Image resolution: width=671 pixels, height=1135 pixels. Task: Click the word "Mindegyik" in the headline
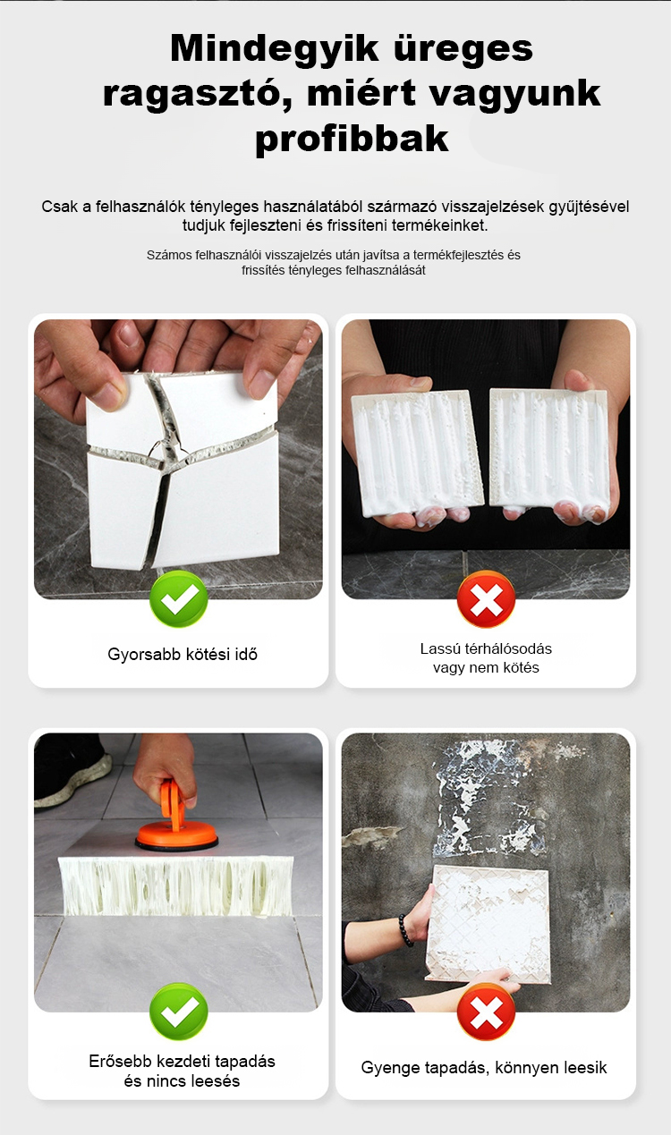click(274, 48)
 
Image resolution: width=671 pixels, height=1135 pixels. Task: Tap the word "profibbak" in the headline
click(352, 139)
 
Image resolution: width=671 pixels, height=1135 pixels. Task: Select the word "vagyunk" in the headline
click(515, 94)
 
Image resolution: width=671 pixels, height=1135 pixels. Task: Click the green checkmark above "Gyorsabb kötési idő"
click(179, 598)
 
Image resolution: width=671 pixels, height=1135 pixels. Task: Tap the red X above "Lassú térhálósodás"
click(486, 598)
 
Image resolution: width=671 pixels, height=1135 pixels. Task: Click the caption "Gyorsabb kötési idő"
click(183, 654)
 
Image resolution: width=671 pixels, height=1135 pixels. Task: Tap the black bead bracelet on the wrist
click(405, 930)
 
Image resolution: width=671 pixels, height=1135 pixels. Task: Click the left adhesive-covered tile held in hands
click(418, 452)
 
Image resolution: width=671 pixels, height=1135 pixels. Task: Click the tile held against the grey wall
click(488, 924)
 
